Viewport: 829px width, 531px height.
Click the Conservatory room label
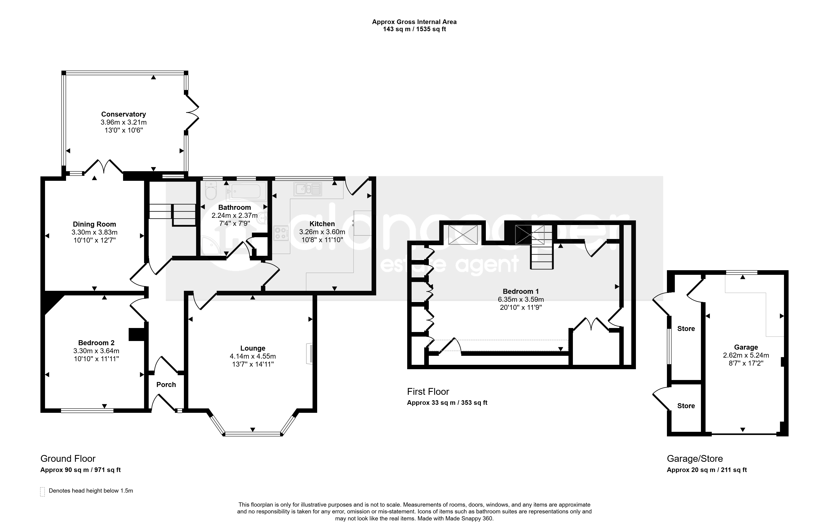(x=123, y=114)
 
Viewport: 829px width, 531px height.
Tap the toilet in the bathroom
(x=211, y=191)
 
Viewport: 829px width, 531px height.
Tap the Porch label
(x=166, y=384)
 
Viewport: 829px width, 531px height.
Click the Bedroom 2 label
(x=96, y=343)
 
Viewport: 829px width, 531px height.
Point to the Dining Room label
(x=94, y=224)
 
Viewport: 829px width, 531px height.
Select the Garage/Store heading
(x=695, y=459)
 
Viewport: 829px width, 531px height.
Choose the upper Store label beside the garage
(x=686, y=329)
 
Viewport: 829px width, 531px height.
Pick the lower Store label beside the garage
(x=686, y=406)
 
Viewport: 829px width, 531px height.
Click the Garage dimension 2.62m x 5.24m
(x=746, y=355)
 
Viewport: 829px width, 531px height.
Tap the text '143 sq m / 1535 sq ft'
(x=414, y=29)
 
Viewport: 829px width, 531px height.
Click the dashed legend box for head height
(x=42, y=491)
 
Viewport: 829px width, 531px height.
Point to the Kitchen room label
(x=322, y=224)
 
